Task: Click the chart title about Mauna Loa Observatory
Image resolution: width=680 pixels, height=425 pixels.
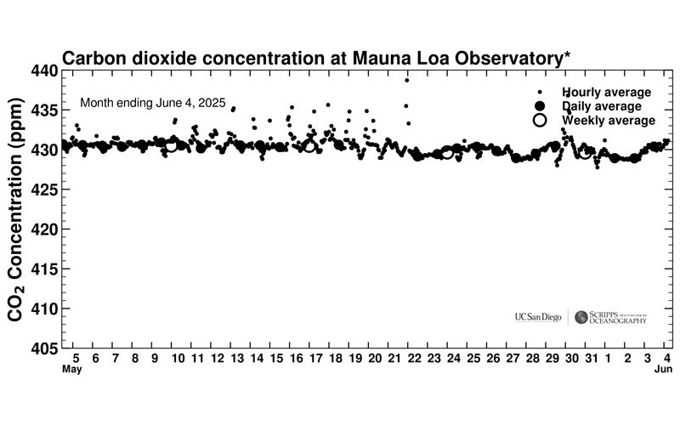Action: click(316, 58)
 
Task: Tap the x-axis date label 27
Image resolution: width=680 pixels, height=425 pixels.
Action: click(513, 360)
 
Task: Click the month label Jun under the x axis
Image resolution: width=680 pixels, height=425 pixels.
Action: click(666, 371)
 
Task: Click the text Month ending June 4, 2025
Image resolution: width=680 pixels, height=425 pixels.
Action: click(152, 103)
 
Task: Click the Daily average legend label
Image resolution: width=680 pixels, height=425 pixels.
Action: click(602, 106)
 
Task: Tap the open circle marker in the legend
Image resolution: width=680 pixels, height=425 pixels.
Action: click(539, 121)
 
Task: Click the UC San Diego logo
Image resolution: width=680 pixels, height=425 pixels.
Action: click(537, 317)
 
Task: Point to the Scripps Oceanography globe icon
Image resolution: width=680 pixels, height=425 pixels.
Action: click(581, 317)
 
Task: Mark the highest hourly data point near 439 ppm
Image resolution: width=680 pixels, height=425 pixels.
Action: click(407, 80)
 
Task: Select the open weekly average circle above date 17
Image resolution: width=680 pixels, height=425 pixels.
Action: click(309, 145)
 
